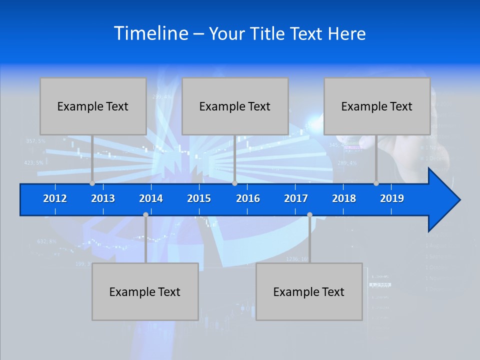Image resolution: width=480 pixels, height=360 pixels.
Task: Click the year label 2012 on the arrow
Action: click(55, 198)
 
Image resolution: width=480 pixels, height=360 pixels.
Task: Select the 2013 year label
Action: click(103, 198)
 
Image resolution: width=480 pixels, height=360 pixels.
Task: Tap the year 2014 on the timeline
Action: click(151, 198)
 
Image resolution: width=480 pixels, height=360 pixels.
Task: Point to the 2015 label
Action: click(199, 198)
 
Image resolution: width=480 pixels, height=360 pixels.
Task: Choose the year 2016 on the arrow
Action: click(248, 198)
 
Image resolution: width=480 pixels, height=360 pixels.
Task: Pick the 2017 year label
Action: click(296, 198)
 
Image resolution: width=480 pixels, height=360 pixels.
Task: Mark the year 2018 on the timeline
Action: click(344, 198)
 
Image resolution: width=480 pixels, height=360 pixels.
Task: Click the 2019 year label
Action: click(392, 198)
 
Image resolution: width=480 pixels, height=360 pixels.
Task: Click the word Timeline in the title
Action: click(150, 33)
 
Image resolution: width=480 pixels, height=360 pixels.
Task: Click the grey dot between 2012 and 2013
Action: click(92, 183)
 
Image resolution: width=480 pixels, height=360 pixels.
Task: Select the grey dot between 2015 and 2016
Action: click(234, 183)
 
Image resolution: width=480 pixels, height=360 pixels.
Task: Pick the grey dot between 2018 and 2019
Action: click(376, 183)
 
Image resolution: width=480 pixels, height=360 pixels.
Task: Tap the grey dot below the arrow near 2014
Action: click(145, 215)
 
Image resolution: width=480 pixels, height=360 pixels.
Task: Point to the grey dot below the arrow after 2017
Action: click(309, 215)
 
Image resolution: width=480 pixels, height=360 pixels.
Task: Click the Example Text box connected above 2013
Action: click(93, 106)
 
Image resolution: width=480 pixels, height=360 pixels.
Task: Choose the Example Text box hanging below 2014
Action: click(145, 291)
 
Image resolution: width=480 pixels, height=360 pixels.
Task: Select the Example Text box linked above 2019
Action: click(377, 106)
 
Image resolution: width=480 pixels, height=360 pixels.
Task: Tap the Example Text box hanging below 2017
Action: click(309, 291)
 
